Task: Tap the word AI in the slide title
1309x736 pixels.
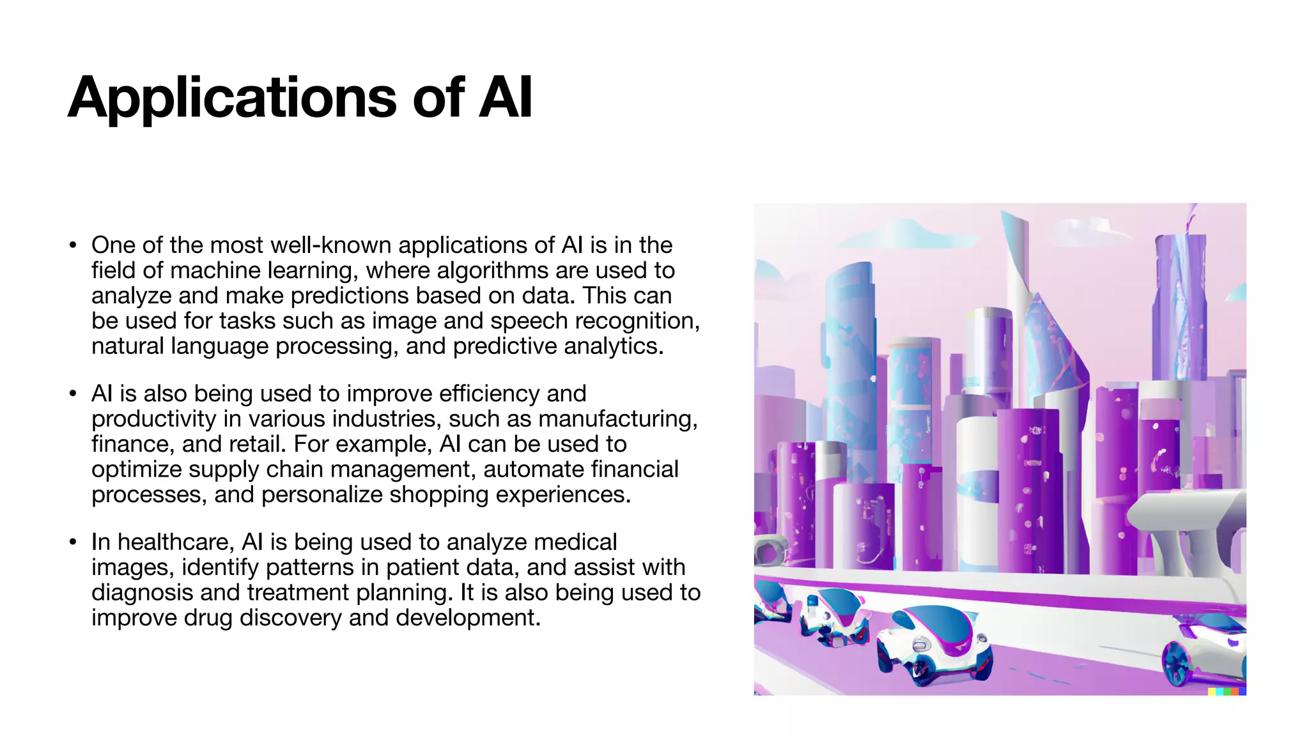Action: click(506, 98)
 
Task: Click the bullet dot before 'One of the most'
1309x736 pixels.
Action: click(74, 245)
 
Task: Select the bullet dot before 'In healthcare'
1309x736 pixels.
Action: click(74, 542)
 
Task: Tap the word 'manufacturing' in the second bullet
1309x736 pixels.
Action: click(616, 419)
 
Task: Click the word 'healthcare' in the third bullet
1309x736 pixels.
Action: click(176, 542)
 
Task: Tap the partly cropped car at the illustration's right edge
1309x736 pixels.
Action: click(1208, 648)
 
